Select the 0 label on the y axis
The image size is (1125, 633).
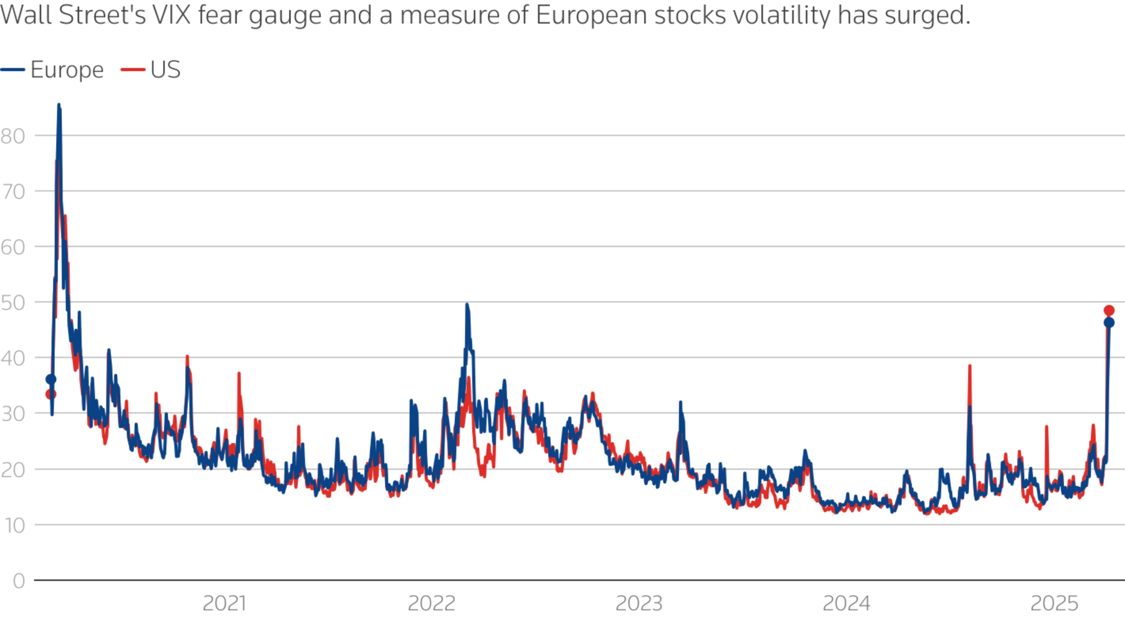(x=19, y=581)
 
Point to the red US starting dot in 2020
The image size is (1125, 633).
(x=51, y=394)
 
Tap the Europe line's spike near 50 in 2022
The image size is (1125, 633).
(x=467, y=304)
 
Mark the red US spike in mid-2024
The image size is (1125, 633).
(x=969, y=366)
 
